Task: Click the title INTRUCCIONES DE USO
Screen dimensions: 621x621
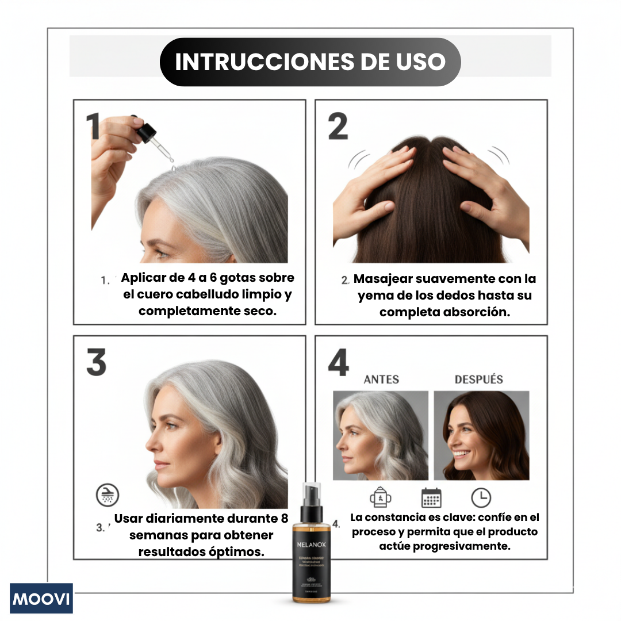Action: tap(310, 62)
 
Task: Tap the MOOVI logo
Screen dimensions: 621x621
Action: tap(41, 599)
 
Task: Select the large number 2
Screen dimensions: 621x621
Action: tap(338, 126)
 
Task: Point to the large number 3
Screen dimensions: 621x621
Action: tap(97, 363)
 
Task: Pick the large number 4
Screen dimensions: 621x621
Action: tap(338, 363)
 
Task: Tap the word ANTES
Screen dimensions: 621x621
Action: tap(381, 379)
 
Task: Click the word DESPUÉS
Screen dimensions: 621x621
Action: tap(478, 379)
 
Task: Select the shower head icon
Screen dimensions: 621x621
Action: tap(107, 494)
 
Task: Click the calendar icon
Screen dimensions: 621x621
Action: tap(431, 497)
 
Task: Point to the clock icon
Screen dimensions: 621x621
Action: tap(481, 497)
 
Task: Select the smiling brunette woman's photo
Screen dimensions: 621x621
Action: tap(481, 435)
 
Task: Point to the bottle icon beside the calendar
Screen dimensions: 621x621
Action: tap(381, 497)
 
